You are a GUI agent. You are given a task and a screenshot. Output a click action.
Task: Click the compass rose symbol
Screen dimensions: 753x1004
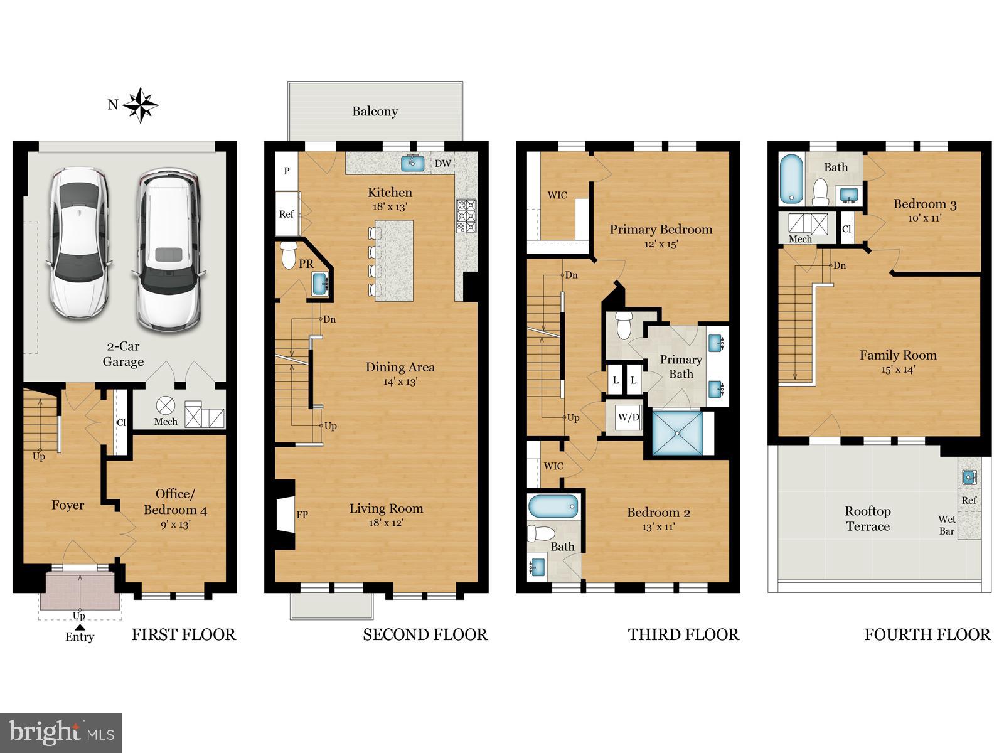[140, 105]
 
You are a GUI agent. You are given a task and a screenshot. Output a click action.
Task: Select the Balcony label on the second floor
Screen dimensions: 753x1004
[375, 112]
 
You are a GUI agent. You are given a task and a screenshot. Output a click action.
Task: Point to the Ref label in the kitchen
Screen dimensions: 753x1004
[286, 214]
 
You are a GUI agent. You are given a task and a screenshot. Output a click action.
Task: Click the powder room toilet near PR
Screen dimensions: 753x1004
[289, 255]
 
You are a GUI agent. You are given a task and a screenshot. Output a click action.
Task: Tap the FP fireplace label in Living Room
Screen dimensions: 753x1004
[302, 515]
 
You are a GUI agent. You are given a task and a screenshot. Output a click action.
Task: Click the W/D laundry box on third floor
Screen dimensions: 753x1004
[628, 417]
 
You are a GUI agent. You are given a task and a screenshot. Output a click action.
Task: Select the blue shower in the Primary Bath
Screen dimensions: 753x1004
[677, 432]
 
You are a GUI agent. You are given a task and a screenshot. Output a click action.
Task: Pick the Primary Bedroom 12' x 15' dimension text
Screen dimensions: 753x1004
[661, 244]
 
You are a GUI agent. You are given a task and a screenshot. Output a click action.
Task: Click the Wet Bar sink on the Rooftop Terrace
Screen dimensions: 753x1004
[969, 478]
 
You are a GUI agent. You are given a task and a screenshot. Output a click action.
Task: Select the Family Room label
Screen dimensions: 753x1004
[898, 355]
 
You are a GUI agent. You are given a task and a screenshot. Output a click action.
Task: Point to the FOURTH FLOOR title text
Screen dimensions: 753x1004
[927, 634]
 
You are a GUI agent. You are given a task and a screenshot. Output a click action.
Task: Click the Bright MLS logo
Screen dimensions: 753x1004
[61, 732]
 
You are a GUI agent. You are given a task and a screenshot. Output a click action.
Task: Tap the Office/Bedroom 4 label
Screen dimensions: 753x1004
[175, 501]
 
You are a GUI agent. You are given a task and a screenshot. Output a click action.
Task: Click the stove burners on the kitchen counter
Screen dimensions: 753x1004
[466, 216]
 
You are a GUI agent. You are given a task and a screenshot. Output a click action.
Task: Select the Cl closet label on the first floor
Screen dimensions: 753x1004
[120, 423]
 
